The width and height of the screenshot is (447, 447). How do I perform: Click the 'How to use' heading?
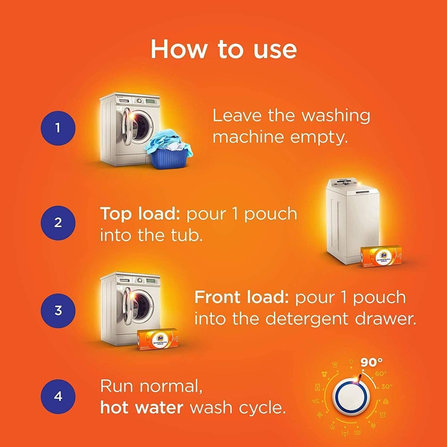coord(223,49)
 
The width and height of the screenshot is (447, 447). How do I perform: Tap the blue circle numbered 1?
coord(58,128)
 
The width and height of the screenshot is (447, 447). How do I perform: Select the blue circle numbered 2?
coord(58,223)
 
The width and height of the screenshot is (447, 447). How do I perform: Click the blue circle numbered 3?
coord(58,311)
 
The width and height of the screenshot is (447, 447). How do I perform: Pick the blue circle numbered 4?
coord(58,397)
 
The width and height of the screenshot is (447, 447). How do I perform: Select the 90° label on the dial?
coord(372,362)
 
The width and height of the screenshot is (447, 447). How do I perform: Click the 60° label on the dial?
coord(381,374)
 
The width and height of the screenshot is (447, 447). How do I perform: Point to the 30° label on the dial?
coord(387,386)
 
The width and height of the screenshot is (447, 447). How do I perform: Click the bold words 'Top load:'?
coord(140,214)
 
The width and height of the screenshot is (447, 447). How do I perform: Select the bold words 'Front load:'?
coord(241,297)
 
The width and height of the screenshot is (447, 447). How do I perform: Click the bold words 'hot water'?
coord(142,408)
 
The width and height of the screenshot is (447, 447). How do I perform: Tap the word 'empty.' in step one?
coord(319,137)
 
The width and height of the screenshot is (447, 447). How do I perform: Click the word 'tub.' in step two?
coord(187,236)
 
